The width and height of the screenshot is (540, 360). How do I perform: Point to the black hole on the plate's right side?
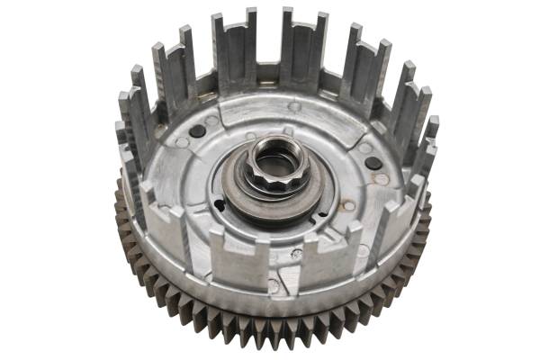coord(371,163)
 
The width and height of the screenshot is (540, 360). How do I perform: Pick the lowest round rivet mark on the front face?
coord(273,285)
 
